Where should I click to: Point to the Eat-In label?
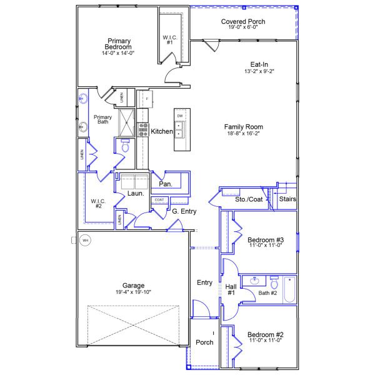pyautogui.click(x=259, y=64)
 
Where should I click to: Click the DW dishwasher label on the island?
pyautogui.click(x=179, y=116)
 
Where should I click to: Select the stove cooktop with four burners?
pyautogui.click(x=142, y=129)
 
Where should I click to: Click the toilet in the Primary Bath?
pyautogui.click(x=124, y=147)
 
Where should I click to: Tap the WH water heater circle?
pyautogui.click(x=86, y=240)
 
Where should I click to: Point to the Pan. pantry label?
pyautogui.click(x=165, y=184)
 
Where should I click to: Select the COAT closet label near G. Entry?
pyautogui.click(x=159, y=200)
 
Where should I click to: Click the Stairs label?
pyautogui.click(x=287, y=199)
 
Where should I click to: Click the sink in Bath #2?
pyautogui.click(x=254, y=281)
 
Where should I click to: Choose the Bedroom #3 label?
pyautogui.click(x=266, y=240)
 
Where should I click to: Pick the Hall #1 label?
pyautogui.click(x=230, y=289)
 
